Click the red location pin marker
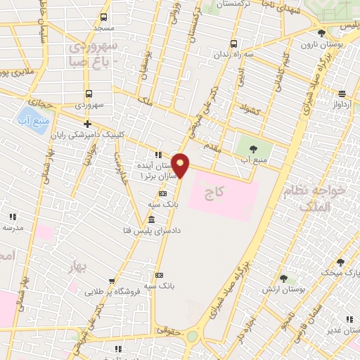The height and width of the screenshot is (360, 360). pos(181,166)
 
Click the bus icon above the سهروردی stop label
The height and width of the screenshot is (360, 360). pos(89,94)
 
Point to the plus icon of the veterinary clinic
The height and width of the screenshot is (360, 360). pos(86,124)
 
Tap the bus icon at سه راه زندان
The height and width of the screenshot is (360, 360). pos(234,43)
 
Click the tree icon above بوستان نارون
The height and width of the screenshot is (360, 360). pos(321,33)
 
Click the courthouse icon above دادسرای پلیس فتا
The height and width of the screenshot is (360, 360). pos(152,220)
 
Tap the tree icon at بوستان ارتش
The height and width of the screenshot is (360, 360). pos(283,278)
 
